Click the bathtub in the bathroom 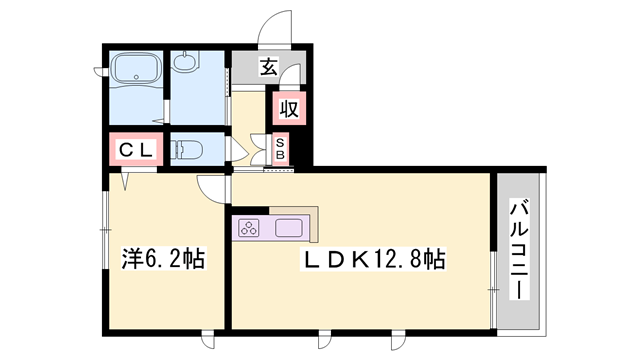point(136,68)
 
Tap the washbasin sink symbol point(186,62)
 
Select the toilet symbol point(186,149)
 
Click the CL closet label point(136,149)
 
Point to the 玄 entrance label point(269,67)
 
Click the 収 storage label point(289,108)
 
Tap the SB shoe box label point(280,149)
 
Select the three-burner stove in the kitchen point(249,228)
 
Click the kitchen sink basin point(289,228)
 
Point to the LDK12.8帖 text point(373,259)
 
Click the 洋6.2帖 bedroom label point(164,258)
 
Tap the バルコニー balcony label point(519,249)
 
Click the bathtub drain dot point(137,76)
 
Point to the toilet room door point(236,149)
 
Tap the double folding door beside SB point(259,149)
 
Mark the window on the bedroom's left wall point(105,231)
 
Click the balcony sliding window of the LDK point(493,290)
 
